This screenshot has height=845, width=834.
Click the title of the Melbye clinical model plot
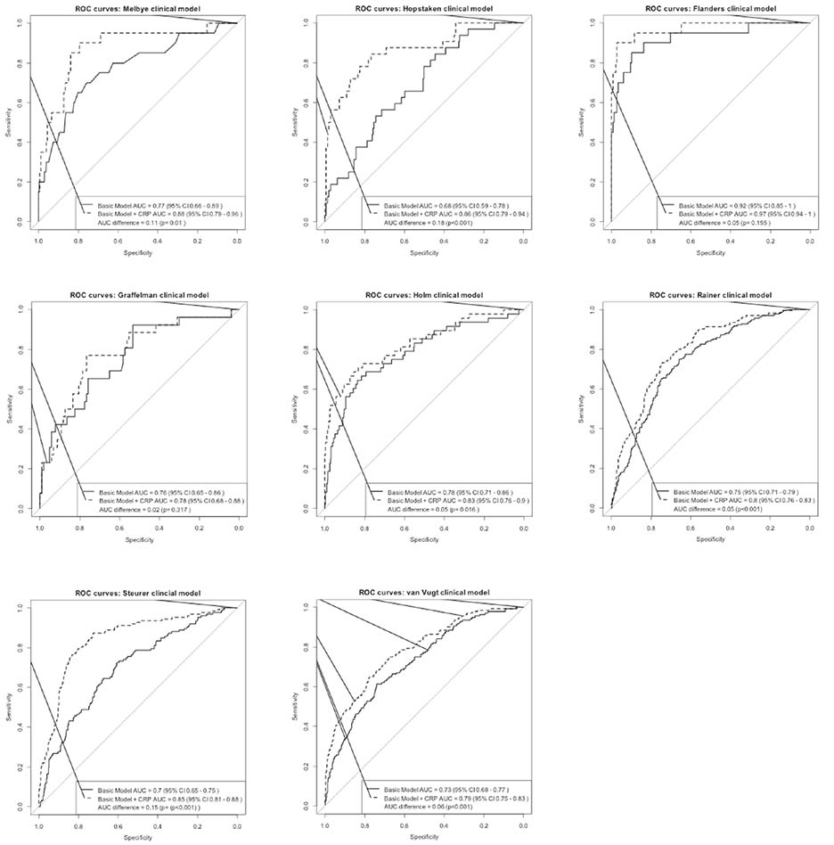138,8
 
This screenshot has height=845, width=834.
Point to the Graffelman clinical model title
139,295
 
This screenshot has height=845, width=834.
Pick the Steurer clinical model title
137,593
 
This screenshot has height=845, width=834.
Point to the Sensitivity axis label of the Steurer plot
10,706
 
